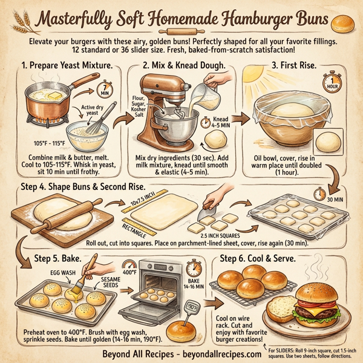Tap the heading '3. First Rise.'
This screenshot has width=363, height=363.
(274, 65)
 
